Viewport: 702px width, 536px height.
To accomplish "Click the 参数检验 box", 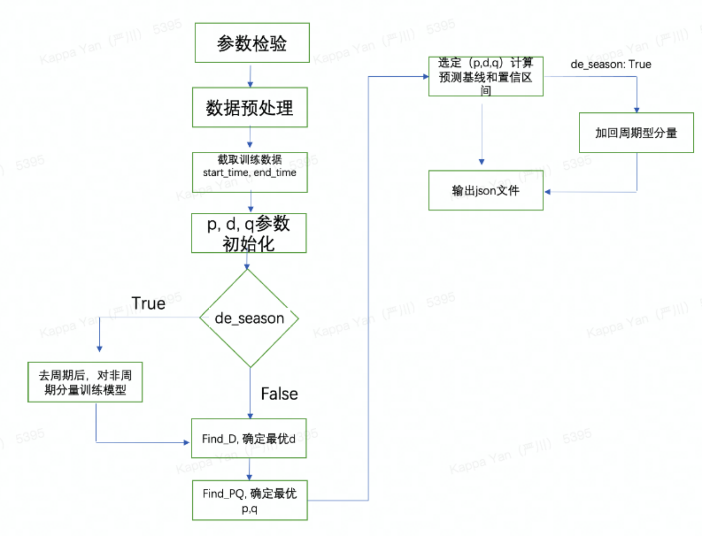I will click(252, 43).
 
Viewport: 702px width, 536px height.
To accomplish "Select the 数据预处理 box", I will click(250, 108).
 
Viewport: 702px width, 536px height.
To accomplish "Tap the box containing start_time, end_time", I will click(250, 172).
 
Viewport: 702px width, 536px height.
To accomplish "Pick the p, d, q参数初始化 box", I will click(249, 233).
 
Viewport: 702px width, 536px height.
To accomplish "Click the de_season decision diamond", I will click(249, 318).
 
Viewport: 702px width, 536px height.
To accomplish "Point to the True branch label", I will click(148, 303).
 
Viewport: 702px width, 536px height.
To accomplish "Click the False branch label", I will click(279, 394).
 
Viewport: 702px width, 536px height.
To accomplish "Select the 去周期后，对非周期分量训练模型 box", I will click(85, 382).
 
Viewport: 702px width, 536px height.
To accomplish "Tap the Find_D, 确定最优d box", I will click(249, 438).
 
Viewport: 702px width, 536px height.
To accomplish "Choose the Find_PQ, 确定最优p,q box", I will click(250, 500).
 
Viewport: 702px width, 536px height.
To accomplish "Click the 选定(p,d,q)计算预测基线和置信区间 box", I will click(486, 76).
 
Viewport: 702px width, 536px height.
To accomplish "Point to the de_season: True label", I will click(611, 64).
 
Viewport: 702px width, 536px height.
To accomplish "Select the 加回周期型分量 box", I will click(636, 133).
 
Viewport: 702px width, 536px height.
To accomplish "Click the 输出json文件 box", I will click(486, 191).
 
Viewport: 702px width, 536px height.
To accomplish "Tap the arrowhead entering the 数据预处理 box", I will click(250, 84).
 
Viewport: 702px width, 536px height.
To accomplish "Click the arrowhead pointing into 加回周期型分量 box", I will click(636, 110).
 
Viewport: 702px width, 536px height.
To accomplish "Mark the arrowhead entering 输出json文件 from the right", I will click(547, 192).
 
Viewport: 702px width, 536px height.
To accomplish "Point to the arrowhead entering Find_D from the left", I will click(187, 443).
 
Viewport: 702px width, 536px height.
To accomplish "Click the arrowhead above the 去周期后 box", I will click(99, 349).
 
